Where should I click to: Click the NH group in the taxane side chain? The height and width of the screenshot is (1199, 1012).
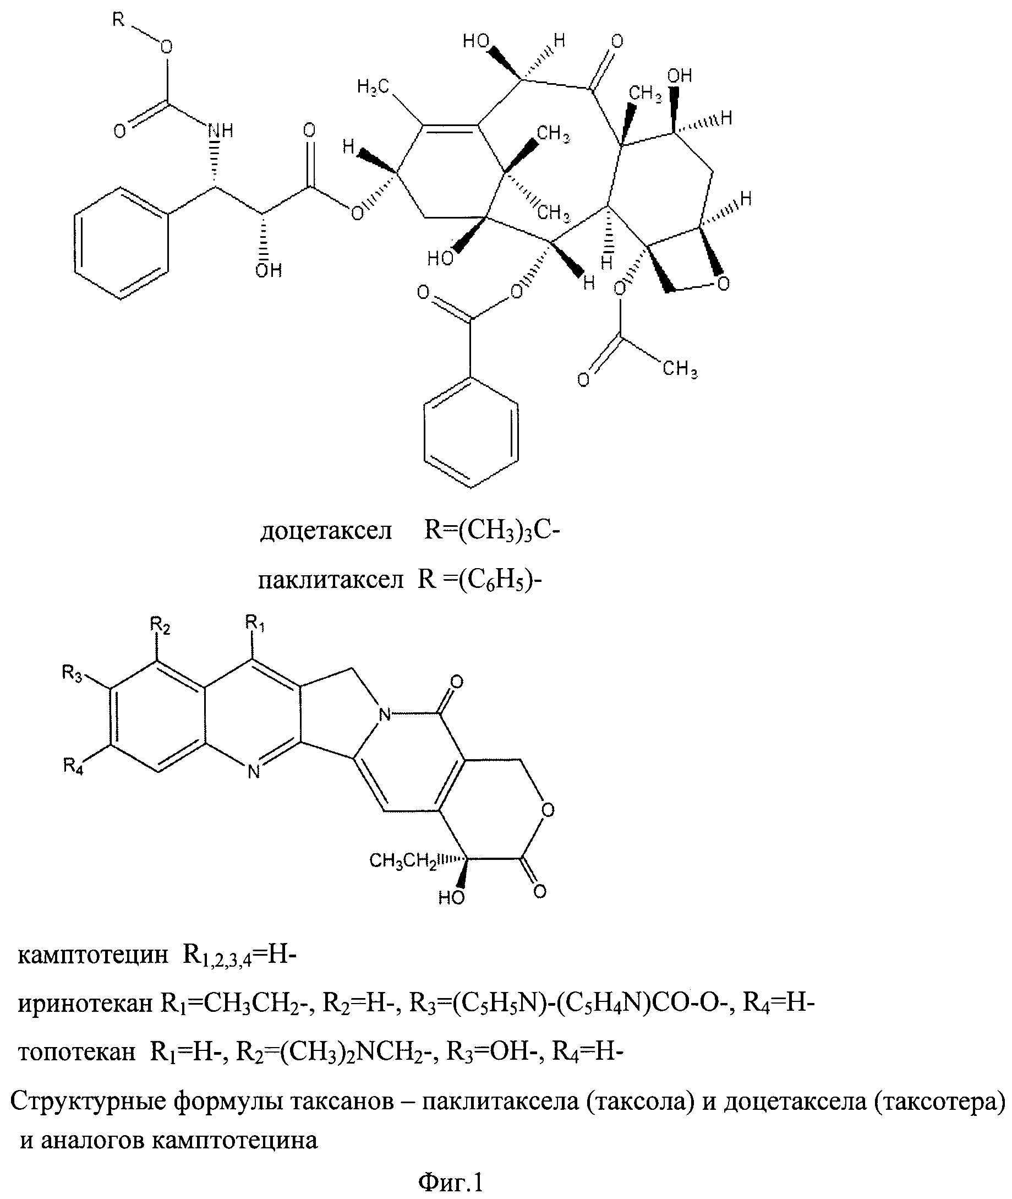tap(220, 131)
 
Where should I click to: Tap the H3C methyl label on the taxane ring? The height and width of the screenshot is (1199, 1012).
tap(374, 87)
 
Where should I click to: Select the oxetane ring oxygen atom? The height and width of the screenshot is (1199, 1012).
tap(724, 284)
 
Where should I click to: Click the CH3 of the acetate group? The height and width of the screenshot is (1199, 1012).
tap(680, 368)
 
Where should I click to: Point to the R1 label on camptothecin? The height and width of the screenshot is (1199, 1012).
tap(255, 623)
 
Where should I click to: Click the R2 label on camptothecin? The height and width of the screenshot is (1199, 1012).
tap(161, 626)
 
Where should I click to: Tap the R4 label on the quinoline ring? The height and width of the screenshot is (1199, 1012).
tap(73, 766)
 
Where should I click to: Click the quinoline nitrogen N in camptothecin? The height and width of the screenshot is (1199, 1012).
tap(254, 772)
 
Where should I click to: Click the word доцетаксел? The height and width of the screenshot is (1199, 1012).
tap(326, 531)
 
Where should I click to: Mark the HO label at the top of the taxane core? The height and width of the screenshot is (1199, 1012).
tap(476, 41)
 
